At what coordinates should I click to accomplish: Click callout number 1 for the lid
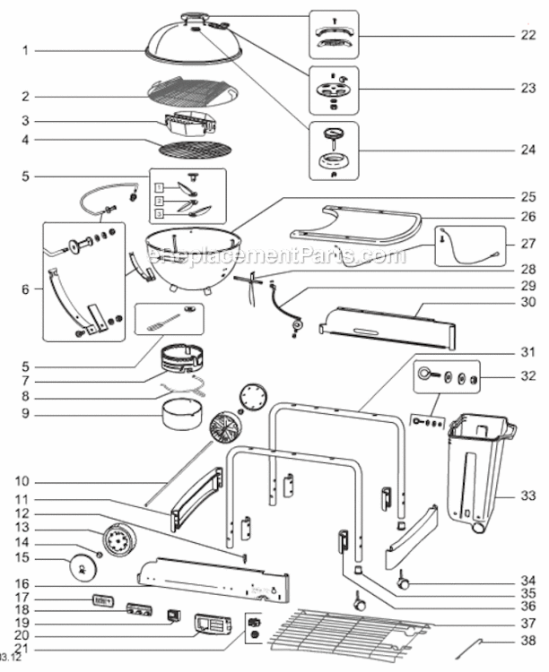[27, 50]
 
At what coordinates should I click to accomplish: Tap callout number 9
[27, 413]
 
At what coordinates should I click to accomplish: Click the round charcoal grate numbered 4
[195, 146]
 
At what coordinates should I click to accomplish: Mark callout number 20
[27, 633]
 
